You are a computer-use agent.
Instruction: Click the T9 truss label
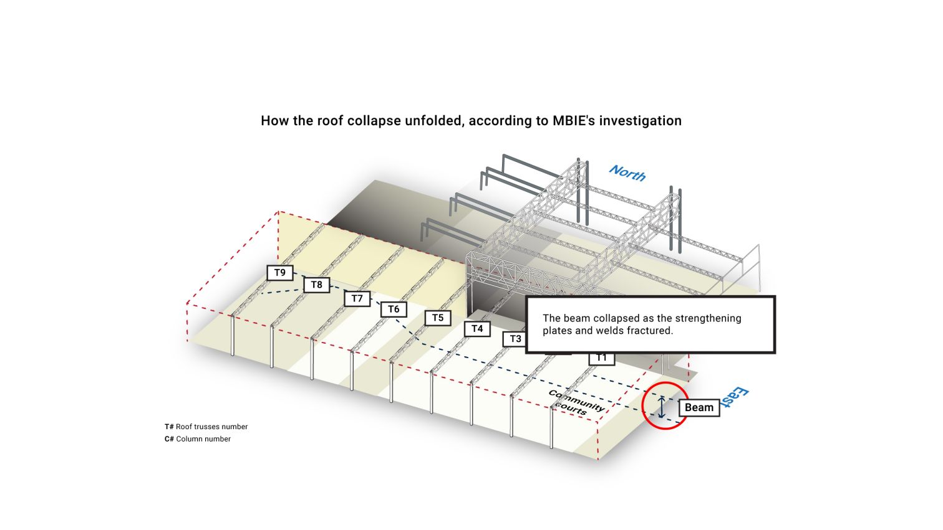[280, 273]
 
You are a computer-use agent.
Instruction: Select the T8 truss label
[317, 285]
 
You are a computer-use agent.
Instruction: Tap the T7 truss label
[357, 299]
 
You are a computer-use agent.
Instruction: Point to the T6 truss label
[394, 310]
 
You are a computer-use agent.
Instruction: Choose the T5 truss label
[438, 318]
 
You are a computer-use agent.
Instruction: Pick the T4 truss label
[477, 329]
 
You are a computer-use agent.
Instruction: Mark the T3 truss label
[515, 339]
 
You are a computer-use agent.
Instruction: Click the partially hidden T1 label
[601, 358]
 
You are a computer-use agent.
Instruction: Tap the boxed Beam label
[699, 408]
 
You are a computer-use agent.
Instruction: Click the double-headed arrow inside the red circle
[662, 407]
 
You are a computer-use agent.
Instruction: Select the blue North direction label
[627, 173]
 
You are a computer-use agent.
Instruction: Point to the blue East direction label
[733, 399]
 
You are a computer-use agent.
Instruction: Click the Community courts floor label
[576, 403]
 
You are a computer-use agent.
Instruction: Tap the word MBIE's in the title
[574, 121]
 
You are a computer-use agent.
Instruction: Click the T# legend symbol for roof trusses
[169, 427]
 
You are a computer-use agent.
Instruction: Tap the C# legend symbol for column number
[169, 439]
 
